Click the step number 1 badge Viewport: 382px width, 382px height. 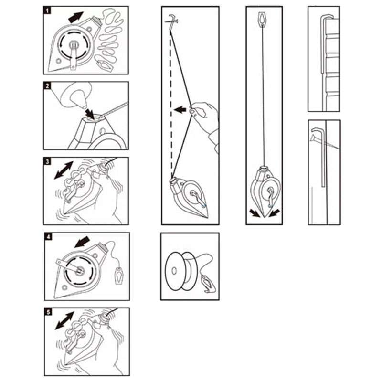pyautogui.click(x=47, y=11)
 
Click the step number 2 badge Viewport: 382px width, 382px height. pyautogui.click(x=47, y=86)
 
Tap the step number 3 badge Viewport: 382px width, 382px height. pyautogui.click(x=47, y=161)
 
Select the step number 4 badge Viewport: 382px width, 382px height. pyautogui.click(x=49, y=237)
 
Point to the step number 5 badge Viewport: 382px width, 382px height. pyautogui.click(x=49, y=312)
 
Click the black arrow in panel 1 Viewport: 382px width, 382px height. pyautogui.click(x=76, y=17)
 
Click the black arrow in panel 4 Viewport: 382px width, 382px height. pyautogui.click(x=82, y=243)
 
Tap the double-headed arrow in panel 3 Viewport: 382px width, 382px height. pyautogui.click(x=64, y=170)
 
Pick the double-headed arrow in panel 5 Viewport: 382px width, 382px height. pyautogui.click(x=64, y=320)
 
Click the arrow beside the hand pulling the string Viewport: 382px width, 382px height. pyautogui.click(x=180, y=110)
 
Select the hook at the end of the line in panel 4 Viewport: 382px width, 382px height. pyautogui.click(x=119, y=276)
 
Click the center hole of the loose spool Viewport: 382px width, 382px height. pyautogui.click(x=174, y=271)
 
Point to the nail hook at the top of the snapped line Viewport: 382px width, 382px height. pyautogui.click(x=172, y=21)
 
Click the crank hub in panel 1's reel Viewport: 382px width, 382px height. pyautogui.click(x=73, y=44)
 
